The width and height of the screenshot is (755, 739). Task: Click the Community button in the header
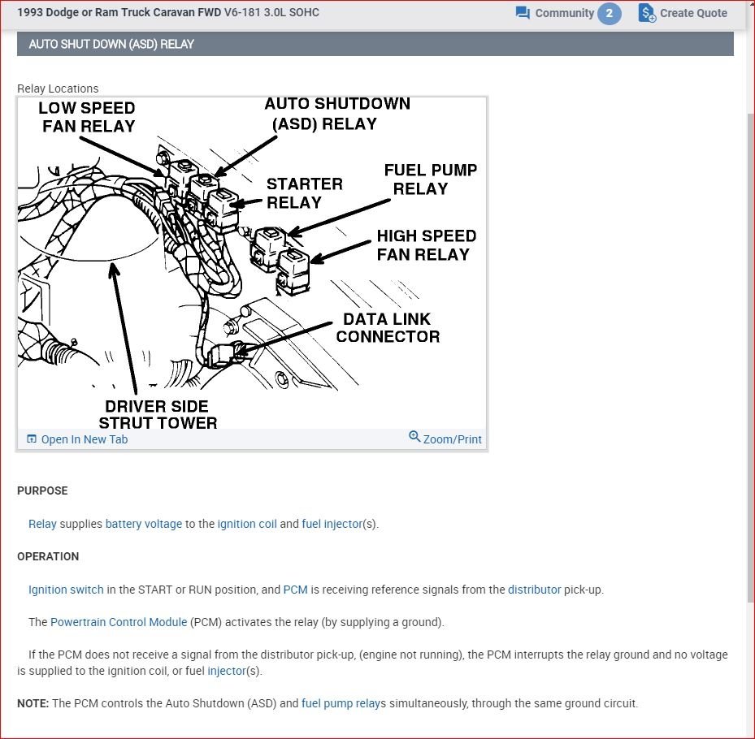[555, 13]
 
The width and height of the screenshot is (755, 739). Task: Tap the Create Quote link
[683, 13]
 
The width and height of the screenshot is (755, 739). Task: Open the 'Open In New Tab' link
[77, 439]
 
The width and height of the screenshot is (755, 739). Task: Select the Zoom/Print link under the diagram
[445, 439]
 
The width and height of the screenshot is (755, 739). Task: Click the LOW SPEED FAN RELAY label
[88, 117]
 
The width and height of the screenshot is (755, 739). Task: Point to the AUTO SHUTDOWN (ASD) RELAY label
[337, 114]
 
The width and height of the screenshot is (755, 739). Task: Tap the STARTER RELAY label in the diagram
[304, 193]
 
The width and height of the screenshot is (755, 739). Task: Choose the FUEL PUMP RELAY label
[431, 179]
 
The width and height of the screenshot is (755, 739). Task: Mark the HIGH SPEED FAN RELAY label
[426, 245]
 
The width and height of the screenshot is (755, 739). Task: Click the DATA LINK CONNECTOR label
[388, 327]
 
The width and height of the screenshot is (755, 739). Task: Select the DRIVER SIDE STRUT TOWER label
[158, 414]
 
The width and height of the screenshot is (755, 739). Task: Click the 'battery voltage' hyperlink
[144, 524]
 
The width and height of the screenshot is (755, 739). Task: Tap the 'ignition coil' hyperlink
[247, 524]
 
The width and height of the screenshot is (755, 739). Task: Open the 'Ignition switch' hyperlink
[66, 590]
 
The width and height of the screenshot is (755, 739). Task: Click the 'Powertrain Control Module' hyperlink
[119, 622]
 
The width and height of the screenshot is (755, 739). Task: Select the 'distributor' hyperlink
[535, 590]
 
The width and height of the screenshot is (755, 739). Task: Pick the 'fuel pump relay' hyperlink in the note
[341, 703]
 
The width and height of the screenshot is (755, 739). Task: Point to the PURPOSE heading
[42, 491]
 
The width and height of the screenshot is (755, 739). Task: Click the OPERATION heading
[48, 556]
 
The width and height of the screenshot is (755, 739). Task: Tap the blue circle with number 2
[609, 13]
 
